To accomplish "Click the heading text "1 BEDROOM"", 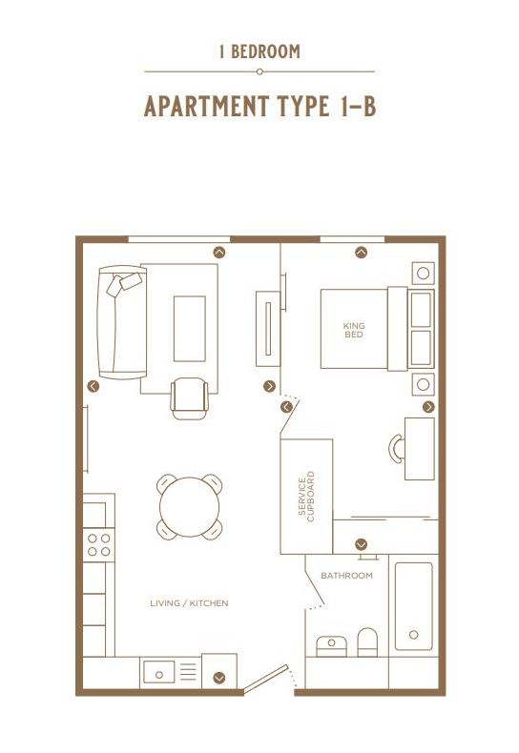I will pos(259,51).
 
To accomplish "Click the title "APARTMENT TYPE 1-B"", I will pos(259,106).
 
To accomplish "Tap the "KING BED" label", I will pos(354,329).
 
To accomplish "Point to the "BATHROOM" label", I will pos(346,576).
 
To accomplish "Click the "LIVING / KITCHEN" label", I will pos(189,603).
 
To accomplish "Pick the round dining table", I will pos(189,507).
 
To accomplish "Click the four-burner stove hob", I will pos(99,544).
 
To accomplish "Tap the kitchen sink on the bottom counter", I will pos(160,672).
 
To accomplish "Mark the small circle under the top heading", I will pos(259,71).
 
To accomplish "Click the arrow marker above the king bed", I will pos(362,253).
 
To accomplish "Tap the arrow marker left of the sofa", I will pos(93,386).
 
